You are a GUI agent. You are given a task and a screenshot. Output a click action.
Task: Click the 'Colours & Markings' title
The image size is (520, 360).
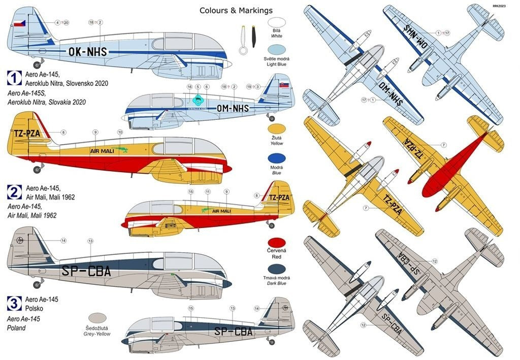coord(236,10)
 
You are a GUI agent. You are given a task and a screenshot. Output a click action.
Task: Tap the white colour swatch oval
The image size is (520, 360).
coord(276,23)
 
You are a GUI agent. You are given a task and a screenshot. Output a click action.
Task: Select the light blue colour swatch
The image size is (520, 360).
coord(276,49)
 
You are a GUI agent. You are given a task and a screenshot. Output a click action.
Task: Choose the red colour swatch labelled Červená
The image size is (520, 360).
coord(276,242)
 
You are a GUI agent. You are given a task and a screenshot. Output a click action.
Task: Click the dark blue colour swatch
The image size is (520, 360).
coord(276,269)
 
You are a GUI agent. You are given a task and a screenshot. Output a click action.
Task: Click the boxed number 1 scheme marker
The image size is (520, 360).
coord(14,77)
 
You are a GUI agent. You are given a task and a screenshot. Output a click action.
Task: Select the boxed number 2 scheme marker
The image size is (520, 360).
coord(14,191)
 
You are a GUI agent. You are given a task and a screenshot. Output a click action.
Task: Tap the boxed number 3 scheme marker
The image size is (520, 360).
coord(14,304)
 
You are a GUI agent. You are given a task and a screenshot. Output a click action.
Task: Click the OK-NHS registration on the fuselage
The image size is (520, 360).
coord(87,51)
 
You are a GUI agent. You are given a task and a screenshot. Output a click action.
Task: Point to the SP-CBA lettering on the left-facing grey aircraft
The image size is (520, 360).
coord(86,272)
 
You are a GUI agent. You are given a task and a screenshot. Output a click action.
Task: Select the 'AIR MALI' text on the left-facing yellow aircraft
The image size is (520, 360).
coord(102,151)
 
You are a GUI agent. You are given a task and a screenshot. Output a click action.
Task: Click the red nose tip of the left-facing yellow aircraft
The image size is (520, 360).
coord(229,169)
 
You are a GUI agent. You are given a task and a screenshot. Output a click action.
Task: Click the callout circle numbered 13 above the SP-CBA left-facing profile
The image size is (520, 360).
coord(90,241)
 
